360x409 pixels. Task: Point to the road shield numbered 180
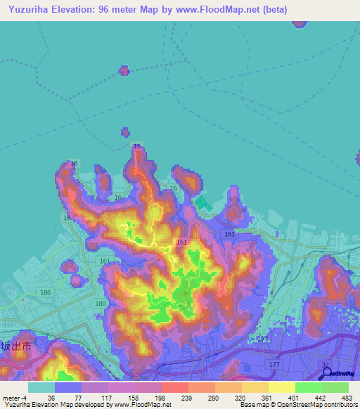[101, 303]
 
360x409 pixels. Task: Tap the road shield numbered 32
[324, 365]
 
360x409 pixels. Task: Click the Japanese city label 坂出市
[15, 346]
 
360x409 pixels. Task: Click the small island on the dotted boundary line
[124, 70]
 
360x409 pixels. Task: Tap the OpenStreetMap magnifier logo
[327, 373]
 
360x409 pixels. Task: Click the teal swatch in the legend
[41, 387]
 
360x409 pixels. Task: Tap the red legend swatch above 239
[174, 387]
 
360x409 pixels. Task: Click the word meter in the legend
[10, 397]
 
